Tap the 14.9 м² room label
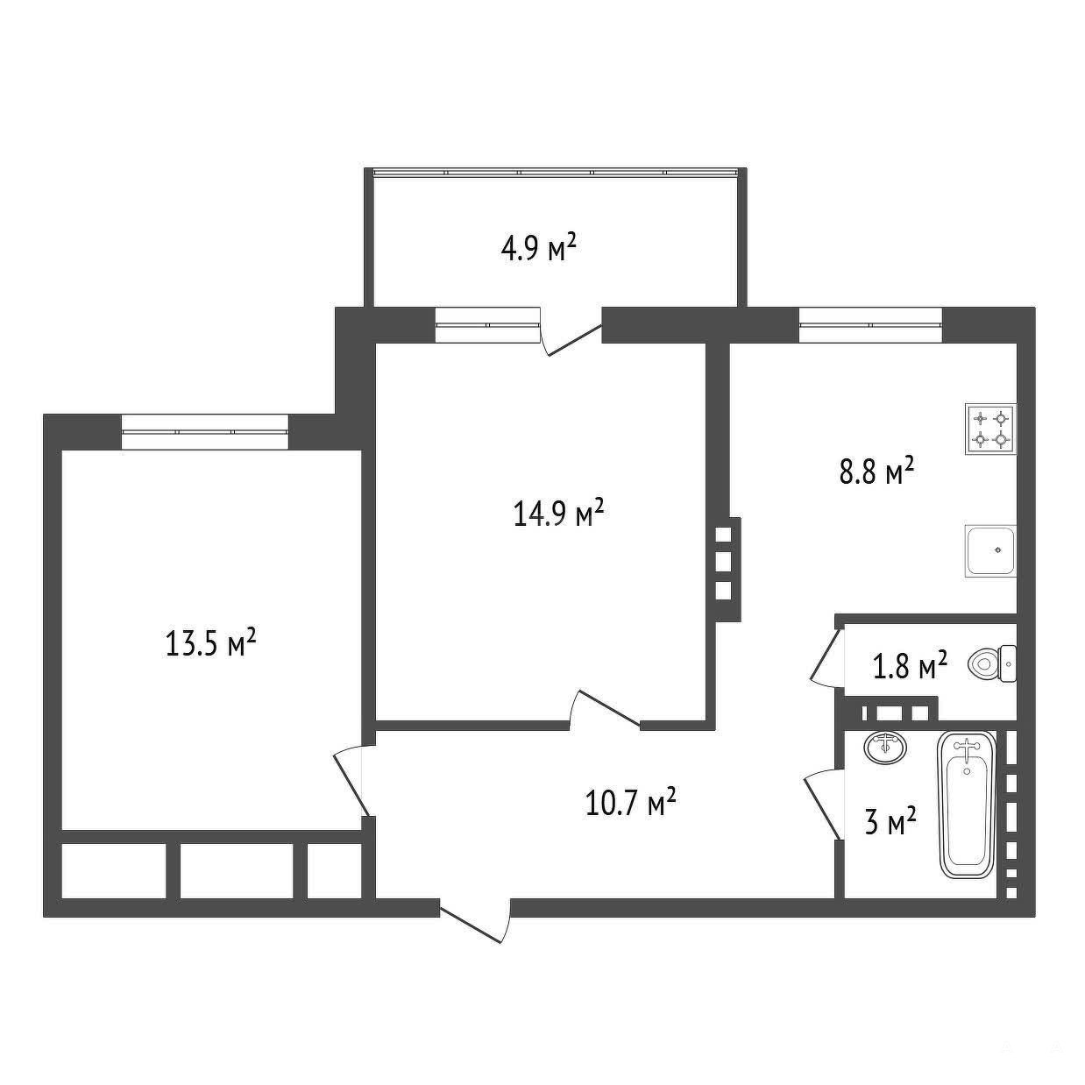558,513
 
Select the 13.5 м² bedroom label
211,642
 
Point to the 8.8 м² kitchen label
876,472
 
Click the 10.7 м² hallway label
631,802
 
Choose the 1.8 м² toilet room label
910,665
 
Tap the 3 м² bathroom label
890,823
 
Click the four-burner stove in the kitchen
990,429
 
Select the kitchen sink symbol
990,550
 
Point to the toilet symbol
992,663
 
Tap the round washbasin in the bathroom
885,748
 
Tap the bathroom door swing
824,805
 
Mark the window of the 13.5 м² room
205,432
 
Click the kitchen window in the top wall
870,325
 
